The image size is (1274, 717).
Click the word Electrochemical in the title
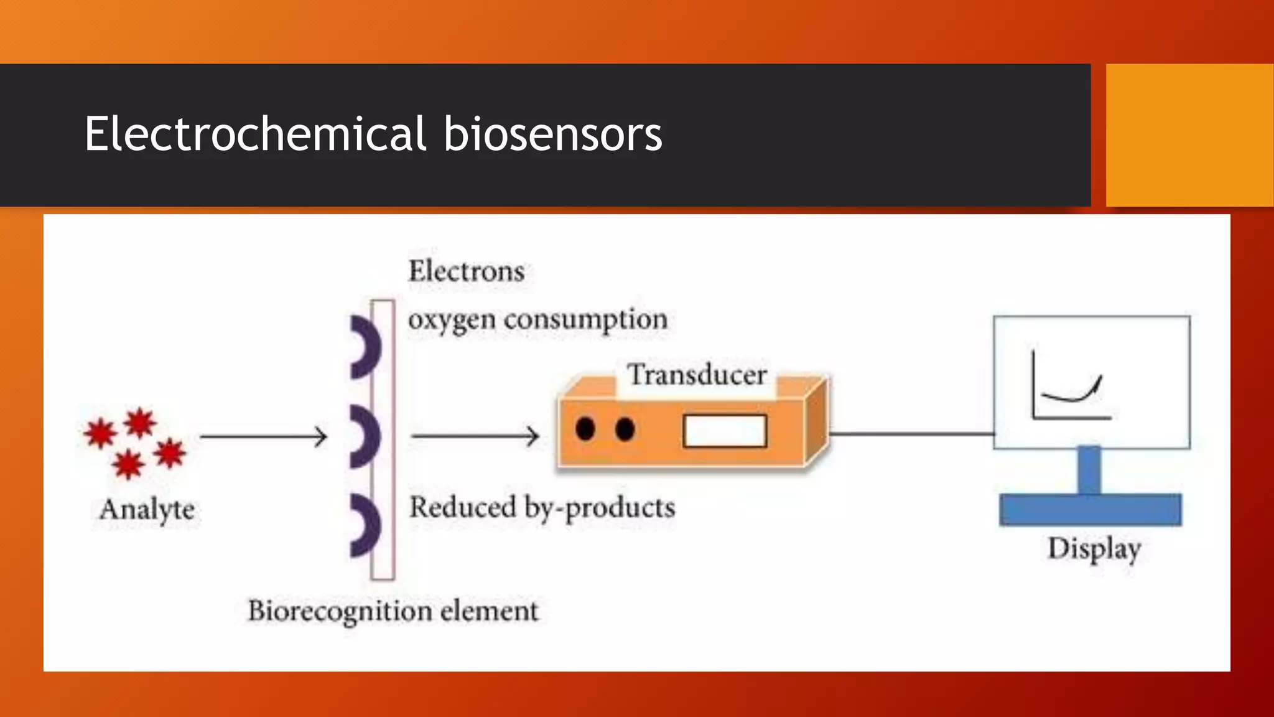click(x=255, y=134)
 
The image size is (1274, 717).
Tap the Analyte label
click(x=147, y=510)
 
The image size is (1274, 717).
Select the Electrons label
click(x=466, y=271)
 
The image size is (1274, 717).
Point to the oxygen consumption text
click(x=537, y=320)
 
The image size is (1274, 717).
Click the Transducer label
click(x=696, y=375)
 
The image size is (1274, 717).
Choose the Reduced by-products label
click(x=542, y=508)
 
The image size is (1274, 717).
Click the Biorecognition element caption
click(x=393, y=611)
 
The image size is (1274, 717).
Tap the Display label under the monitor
click(x=1094, y=549)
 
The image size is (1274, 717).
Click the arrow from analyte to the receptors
click(x=263, y=437)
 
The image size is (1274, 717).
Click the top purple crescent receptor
click(x=367, y=347)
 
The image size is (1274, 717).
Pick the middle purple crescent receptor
click(x=367, y=436)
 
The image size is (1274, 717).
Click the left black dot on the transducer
click(x=585, y=429)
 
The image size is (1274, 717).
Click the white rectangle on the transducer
click(x=725, y=431)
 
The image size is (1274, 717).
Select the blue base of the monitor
click(x=1090, y=510)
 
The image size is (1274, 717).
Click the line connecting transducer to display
click(x=911, y=433)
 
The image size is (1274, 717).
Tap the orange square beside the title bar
click(x=1189, y=135)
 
